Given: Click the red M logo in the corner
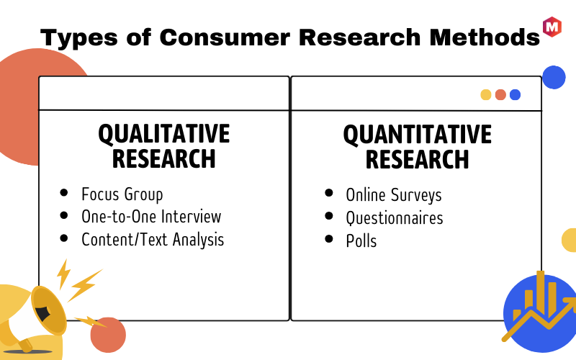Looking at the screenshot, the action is coord(552,27).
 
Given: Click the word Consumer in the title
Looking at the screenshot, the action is coord(225,37).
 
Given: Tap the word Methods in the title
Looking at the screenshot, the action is coord(485,37).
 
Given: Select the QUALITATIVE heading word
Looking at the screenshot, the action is coord(164,134).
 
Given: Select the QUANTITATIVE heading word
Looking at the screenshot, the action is coord(418,135).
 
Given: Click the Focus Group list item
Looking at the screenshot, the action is coord(122,194).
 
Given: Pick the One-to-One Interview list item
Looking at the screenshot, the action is coord(151,217).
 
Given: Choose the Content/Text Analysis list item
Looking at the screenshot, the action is coord(153,240).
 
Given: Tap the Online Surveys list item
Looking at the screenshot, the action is coord(394,194).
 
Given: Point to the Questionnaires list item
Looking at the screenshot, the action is coord(395,218).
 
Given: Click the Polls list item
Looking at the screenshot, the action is coord(361,241).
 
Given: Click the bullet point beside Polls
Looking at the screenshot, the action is coord(329,239).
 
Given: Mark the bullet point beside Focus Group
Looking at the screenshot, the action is coord(64,192).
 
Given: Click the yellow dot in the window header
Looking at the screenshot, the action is coord(485,95).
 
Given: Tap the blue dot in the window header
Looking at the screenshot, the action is coord(515,95).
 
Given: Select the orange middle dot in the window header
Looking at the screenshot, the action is coord(500,95).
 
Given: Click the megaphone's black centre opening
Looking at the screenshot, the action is coord(42,312).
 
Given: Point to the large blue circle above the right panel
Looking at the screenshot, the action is coord(554,77).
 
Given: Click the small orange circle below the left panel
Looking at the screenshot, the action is coord(108,335).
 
